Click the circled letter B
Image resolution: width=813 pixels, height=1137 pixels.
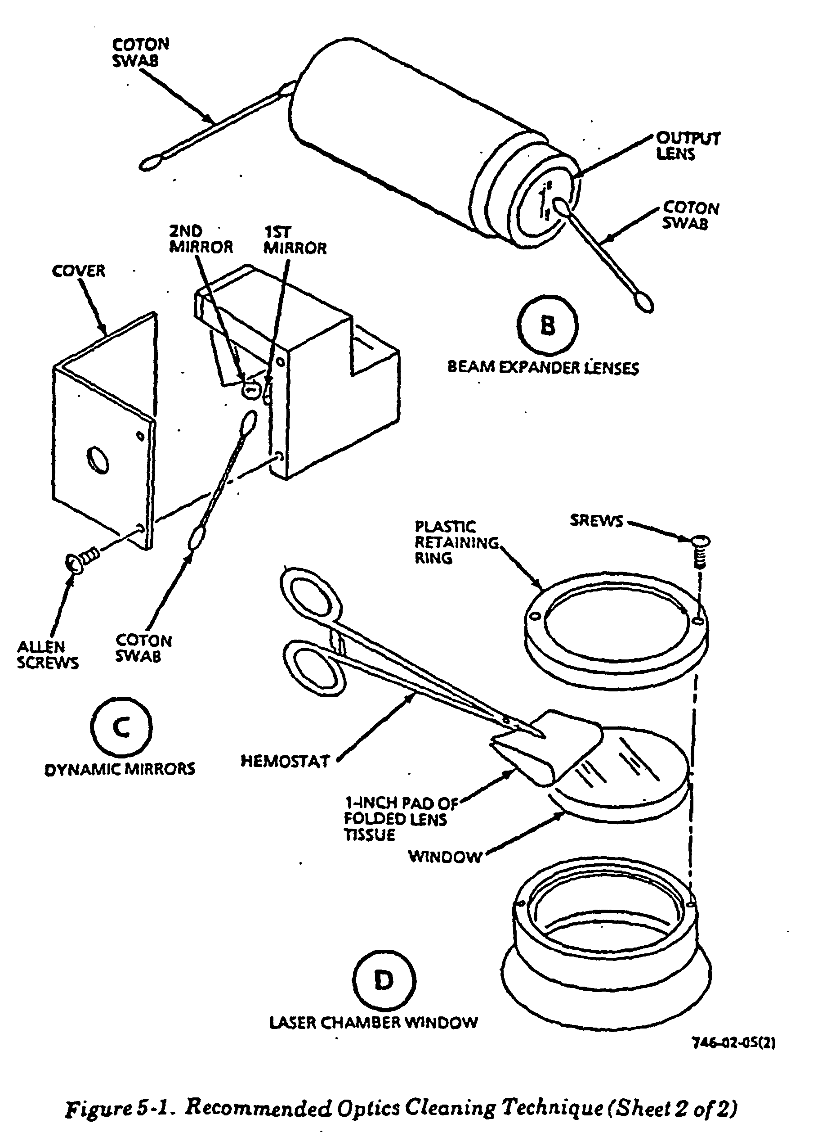(x=548, y=326)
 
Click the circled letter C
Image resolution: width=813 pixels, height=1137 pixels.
(x=121, y=727)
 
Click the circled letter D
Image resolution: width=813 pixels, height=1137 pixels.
(x=384, y=980)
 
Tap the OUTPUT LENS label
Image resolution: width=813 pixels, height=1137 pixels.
(x=688, y=146)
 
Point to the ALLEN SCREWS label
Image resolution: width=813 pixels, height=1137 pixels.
(x=48, y=654)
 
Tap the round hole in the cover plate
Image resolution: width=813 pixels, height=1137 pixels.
(x=98, y=460)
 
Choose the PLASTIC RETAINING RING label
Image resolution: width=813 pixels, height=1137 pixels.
(x=456, y=542)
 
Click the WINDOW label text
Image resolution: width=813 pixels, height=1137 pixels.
(x=445, y=857)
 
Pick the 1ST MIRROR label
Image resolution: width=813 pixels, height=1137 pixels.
(x=295, y=240)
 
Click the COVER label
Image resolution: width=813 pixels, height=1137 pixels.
(x=79, y=271)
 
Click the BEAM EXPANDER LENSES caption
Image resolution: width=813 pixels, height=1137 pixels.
(x=543, y=367)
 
